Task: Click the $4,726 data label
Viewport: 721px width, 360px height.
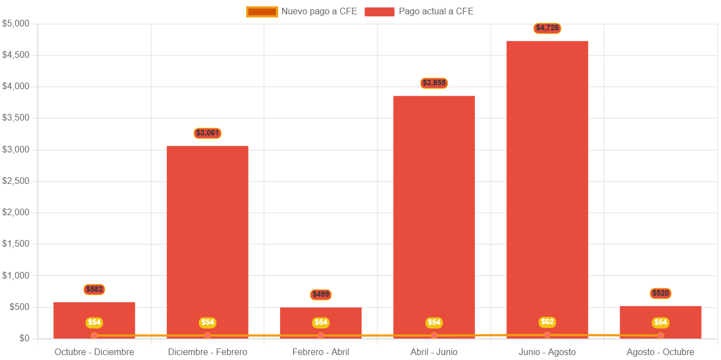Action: click(547, 28)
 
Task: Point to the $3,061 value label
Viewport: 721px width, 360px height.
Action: click(207, 133)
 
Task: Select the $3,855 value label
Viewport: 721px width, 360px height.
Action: click(434, 83)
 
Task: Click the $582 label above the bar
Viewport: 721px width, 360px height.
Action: click(94, 290)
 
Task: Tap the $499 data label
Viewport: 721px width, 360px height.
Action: click(321, 294)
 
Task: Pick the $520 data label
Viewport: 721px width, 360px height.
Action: click(660, 293)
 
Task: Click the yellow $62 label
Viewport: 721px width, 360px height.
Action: click(547, 322)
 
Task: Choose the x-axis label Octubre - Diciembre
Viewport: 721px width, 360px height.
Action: click(94, 352)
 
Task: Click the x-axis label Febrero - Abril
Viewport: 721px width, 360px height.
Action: click(321, 352)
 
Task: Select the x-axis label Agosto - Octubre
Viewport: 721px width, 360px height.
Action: click(660, 352)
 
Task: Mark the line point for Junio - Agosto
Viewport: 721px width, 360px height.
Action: click(547, 335)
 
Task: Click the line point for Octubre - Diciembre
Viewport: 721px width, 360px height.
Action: click(94, 335)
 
